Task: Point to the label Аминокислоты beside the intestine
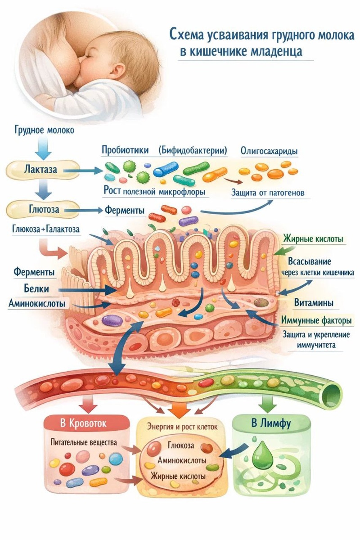click(36, 304)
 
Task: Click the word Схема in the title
click(189, 35)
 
